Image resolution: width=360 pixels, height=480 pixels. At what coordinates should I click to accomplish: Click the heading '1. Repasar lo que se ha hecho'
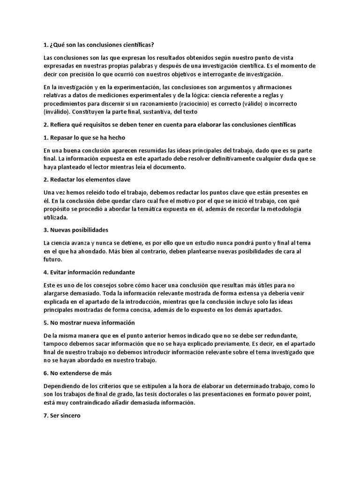84,137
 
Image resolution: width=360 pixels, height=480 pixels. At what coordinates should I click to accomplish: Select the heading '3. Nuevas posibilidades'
76,230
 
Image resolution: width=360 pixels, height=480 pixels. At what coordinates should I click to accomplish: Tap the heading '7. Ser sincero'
62,415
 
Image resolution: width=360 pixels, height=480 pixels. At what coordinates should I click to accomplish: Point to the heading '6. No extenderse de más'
77,374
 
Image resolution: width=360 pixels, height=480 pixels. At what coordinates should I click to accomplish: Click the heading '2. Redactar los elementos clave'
87,180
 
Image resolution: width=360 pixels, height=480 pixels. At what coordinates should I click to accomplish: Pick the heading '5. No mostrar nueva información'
89,322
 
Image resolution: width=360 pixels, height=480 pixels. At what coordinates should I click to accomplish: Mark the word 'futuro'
52,259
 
